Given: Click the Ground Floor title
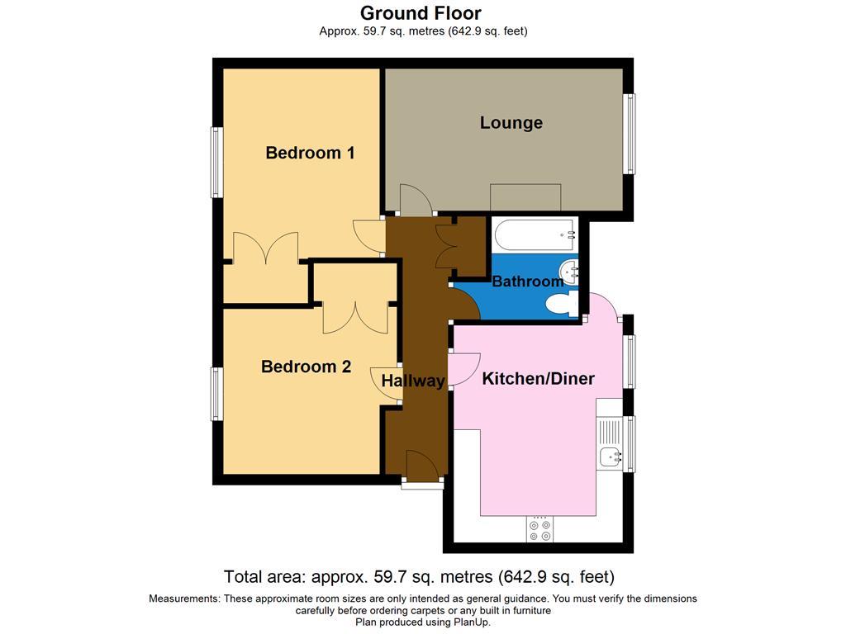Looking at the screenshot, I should (421, 13).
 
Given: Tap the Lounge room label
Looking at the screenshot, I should (511, 123).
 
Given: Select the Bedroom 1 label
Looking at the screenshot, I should (310, 153).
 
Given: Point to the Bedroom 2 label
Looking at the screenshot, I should (306, 367).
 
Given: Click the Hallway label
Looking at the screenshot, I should (413, 381).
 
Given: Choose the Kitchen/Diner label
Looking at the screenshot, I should (538, 379).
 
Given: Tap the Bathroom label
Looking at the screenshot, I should (527, 282).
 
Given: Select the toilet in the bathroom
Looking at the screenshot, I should (562, 306).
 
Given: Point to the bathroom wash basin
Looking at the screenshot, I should (570, 270).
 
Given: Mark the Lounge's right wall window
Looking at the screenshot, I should (630, 134).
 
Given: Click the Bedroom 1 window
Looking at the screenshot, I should (216, 162).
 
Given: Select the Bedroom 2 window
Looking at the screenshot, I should (216, 394).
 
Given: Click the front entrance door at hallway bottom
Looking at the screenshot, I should (421, 467).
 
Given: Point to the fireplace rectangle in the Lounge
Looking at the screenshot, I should (525, 198).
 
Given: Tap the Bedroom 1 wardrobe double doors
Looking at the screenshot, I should (265, 248).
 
